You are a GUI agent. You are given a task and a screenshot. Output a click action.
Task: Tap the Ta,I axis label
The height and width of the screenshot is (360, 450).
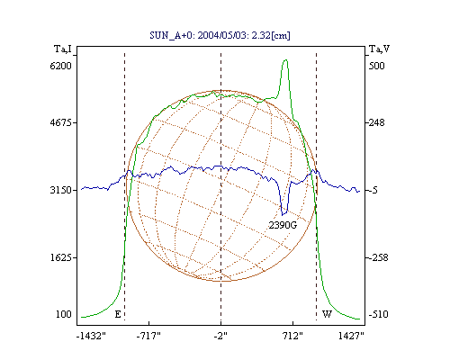[63, 49]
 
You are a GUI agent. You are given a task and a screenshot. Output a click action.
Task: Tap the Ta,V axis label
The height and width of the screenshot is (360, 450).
[379, 49]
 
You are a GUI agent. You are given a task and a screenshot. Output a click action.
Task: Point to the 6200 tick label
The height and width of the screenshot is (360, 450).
[60, 66]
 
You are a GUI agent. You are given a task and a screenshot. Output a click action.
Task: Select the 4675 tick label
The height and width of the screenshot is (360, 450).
[60, 122]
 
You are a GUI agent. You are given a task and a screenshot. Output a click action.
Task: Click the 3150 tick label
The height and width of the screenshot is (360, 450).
[60, 190]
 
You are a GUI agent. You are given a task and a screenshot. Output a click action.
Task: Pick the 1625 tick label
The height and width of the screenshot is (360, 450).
[60, 257]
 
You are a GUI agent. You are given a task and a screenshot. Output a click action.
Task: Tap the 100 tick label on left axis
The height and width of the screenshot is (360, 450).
[64, 314]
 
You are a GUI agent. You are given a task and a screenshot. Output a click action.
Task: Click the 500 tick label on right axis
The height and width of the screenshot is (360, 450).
[376, 66]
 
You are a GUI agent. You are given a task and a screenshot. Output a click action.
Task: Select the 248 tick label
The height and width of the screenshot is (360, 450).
[376, 122]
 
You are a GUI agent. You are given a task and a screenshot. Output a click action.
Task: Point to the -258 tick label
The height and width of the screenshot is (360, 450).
[378, 257]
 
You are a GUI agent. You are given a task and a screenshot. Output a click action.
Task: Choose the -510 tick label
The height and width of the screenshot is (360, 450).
[378, 314]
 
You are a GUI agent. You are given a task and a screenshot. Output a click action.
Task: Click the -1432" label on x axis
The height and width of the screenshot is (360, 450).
[91, 336]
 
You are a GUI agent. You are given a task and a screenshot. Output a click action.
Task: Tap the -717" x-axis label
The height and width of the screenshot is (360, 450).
[148, 336]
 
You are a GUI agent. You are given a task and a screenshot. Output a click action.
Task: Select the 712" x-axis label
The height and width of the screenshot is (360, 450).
[292, 336]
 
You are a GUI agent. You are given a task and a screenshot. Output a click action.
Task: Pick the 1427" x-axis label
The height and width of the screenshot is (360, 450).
[351, 336]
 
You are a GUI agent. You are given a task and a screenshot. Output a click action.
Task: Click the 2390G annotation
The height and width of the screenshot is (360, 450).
[283, 225]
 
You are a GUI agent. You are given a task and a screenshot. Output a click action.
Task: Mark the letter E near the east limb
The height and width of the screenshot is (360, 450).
[118, 314]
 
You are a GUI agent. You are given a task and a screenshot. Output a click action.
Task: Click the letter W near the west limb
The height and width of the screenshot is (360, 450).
[327, 314]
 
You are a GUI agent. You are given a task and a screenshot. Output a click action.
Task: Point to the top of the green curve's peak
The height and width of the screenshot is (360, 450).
[285, 60]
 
